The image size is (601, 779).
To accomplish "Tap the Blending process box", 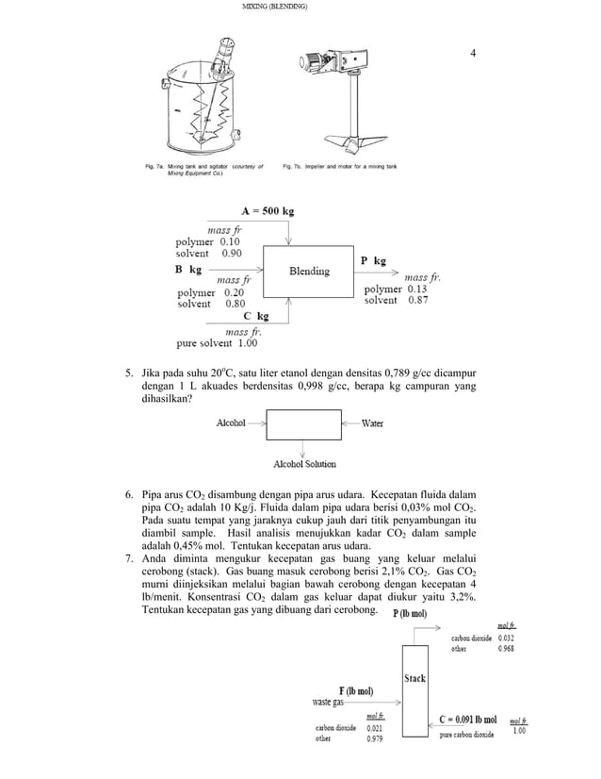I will [x=309, y=272].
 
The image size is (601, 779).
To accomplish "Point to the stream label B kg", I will [x=187, y=269].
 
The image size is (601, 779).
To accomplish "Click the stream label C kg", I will [x=250, y=317].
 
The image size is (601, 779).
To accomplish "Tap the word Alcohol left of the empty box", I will [x=231, y=423].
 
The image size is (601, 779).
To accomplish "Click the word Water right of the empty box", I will [x=372, y=423].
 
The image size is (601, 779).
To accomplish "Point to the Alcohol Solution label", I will [x=303, y=464].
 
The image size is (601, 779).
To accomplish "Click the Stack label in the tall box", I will [x=414, y=677].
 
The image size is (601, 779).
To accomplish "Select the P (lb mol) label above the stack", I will [x=409, y=614].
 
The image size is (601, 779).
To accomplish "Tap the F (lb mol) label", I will [x=360, y=689].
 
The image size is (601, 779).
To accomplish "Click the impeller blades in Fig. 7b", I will [x=355, y=143].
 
